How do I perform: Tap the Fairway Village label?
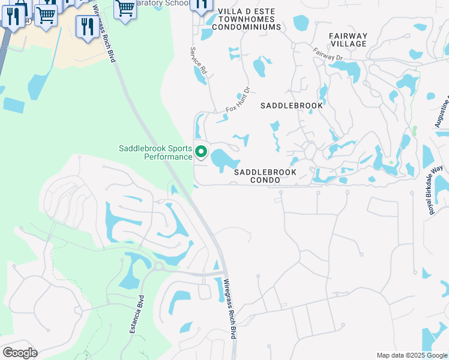coord(348,40)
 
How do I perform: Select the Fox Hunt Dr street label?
coord(237,100)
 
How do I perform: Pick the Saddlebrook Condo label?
coord(265,176)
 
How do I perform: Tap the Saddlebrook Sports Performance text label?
coord(155,152)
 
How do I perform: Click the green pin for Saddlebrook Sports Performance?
coord(202,152)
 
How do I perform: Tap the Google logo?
coord(20,353)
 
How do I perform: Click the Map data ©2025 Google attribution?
coord(412,355)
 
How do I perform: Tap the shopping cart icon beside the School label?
coord(125,9)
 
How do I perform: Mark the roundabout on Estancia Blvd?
coord(159,266)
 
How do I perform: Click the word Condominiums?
coord(249,28)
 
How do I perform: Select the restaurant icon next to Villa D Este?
coord(200,5)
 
